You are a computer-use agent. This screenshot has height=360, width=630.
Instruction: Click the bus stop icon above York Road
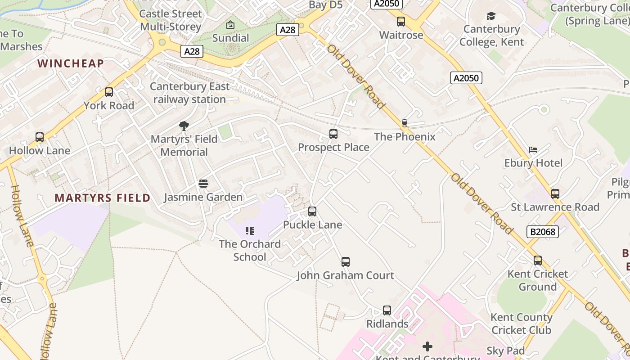109,92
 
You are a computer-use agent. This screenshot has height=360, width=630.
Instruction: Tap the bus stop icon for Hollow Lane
40,137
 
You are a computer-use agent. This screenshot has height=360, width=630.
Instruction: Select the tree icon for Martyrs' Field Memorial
184,126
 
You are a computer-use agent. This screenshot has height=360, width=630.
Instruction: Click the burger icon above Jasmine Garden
203,184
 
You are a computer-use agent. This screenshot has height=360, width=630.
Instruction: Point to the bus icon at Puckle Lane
312,211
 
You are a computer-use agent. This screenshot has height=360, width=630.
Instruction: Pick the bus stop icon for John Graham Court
346,261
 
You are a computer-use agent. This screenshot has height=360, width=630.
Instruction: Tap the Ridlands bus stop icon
387,310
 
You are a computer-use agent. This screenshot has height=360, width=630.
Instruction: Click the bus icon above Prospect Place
333,134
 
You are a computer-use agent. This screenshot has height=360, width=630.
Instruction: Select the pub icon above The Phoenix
405,123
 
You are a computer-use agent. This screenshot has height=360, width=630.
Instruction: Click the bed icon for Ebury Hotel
533,149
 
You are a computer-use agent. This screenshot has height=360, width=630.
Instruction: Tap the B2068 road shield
542,232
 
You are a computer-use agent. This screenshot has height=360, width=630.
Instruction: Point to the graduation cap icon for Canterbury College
491,16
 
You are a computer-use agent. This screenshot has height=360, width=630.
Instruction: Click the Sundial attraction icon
230,24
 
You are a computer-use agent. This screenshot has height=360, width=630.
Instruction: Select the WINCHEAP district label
71,63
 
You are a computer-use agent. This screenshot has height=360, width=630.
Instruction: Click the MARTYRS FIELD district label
103,198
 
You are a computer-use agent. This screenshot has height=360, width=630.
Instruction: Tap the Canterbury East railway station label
190,93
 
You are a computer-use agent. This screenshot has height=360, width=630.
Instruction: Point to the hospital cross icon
427,346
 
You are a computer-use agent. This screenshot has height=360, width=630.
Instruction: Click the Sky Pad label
506,351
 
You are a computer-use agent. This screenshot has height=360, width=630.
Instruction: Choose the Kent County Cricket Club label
522,324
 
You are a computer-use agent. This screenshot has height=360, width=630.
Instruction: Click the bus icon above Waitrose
401,21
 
